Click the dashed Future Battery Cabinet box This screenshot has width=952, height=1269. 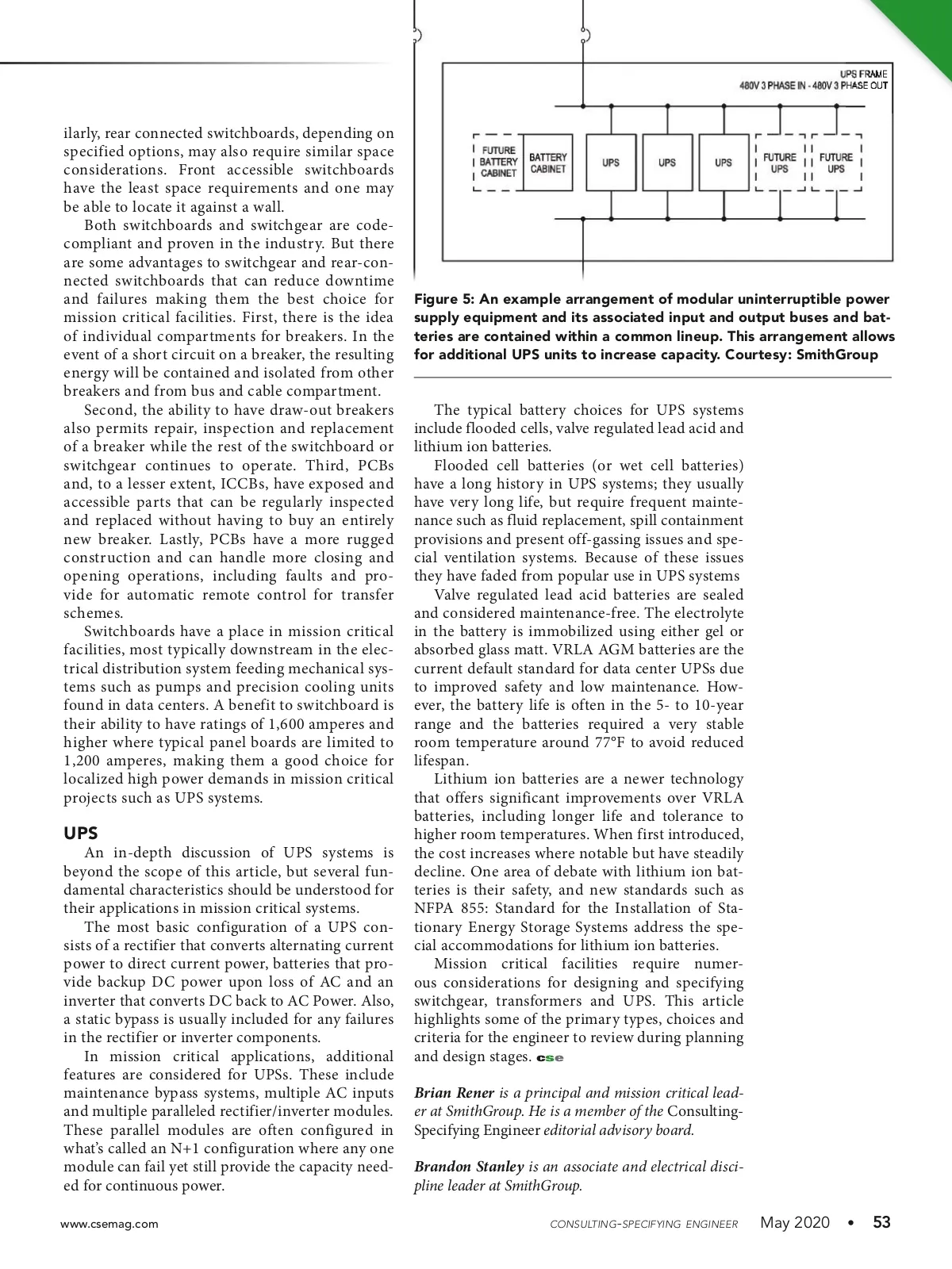[x=497, y=162]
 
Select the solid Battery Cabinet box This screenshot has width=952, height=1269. [x=547, y=163]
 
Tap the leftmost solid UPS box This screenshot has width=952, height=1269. [x=611, y=163]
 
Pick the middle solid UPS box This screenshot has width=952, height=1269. [x=667, y=163]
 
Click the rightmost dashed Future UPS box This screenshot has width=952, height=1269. [x=836, y=163]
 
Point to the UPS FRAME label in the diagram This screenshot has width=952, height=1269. [x=863, y=74]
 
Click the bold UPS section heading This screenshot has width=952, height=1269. [x=81, y=833]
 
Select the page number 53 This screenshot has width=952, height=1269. [x=881, y=1222]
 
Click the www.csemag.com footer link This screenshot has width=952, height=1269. [x=109, y=1224]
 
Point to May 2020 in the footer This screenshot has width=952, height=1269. [x=795, y=1222]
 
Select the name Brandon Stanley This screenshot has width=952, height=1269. [x=469, y=1167]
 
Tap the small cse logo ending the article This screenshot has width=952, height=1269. [x=550, y=1058]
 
